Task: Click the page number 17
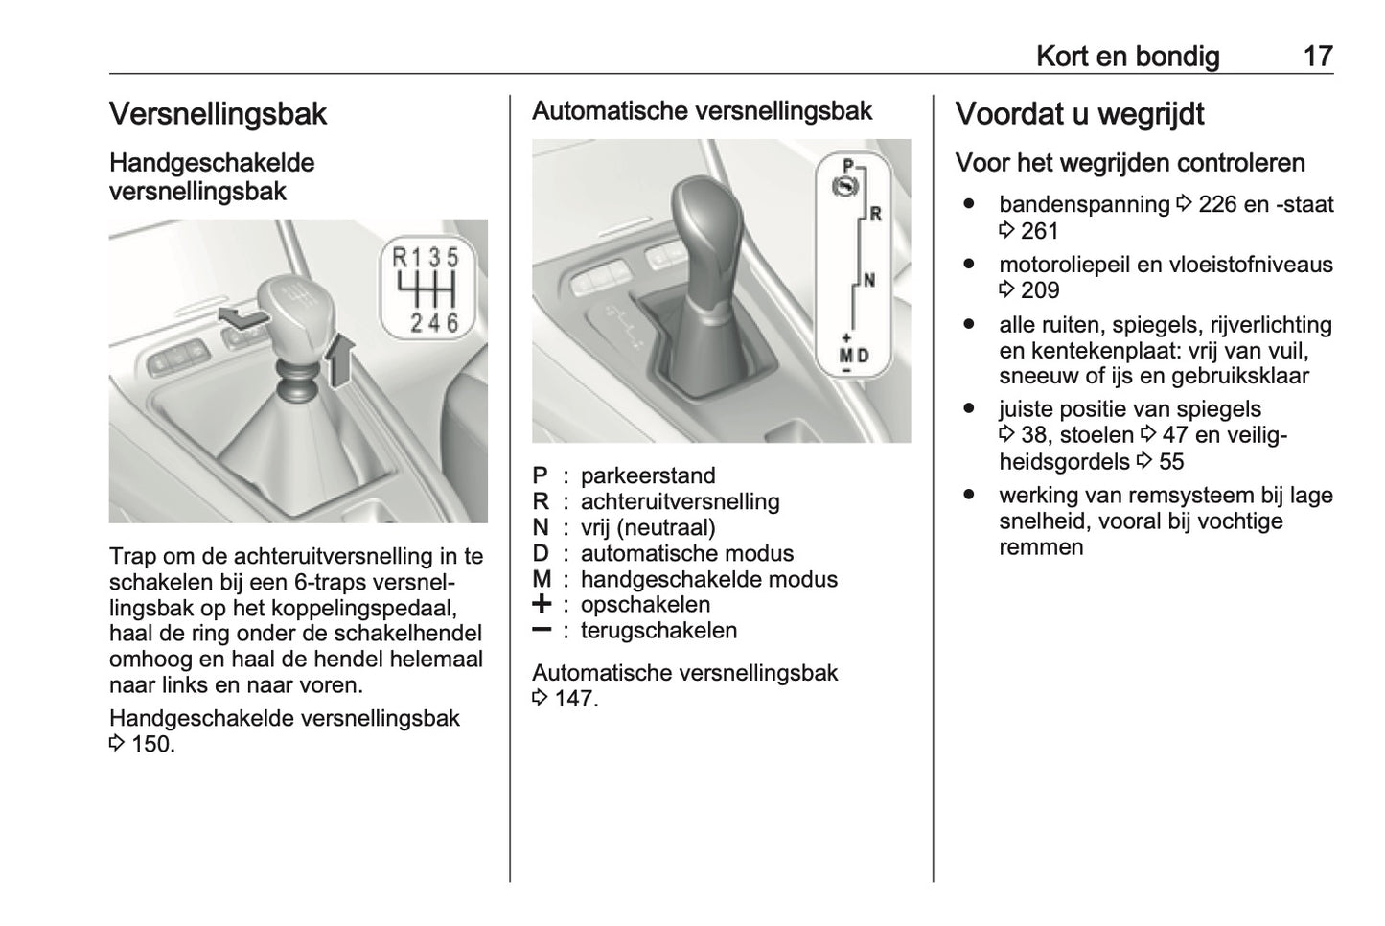(1318, 57)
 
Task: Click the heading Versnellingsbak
(218, 114)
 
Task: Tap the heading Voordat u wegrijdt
(1079, 114)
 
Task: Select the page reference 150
(151, 744)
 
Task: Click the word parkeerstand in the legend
(648, 475)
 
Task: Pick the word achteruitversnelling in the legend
(680, 501)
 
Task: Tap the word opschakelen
(645, 605)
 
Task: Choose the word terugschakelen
(658, 631)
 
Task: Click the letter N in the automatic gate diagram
(869, 281)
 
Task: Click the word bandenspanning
(1083, 204)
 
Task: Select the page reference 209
(1040, 290)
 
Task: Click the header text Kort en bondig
(1127, 57)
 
